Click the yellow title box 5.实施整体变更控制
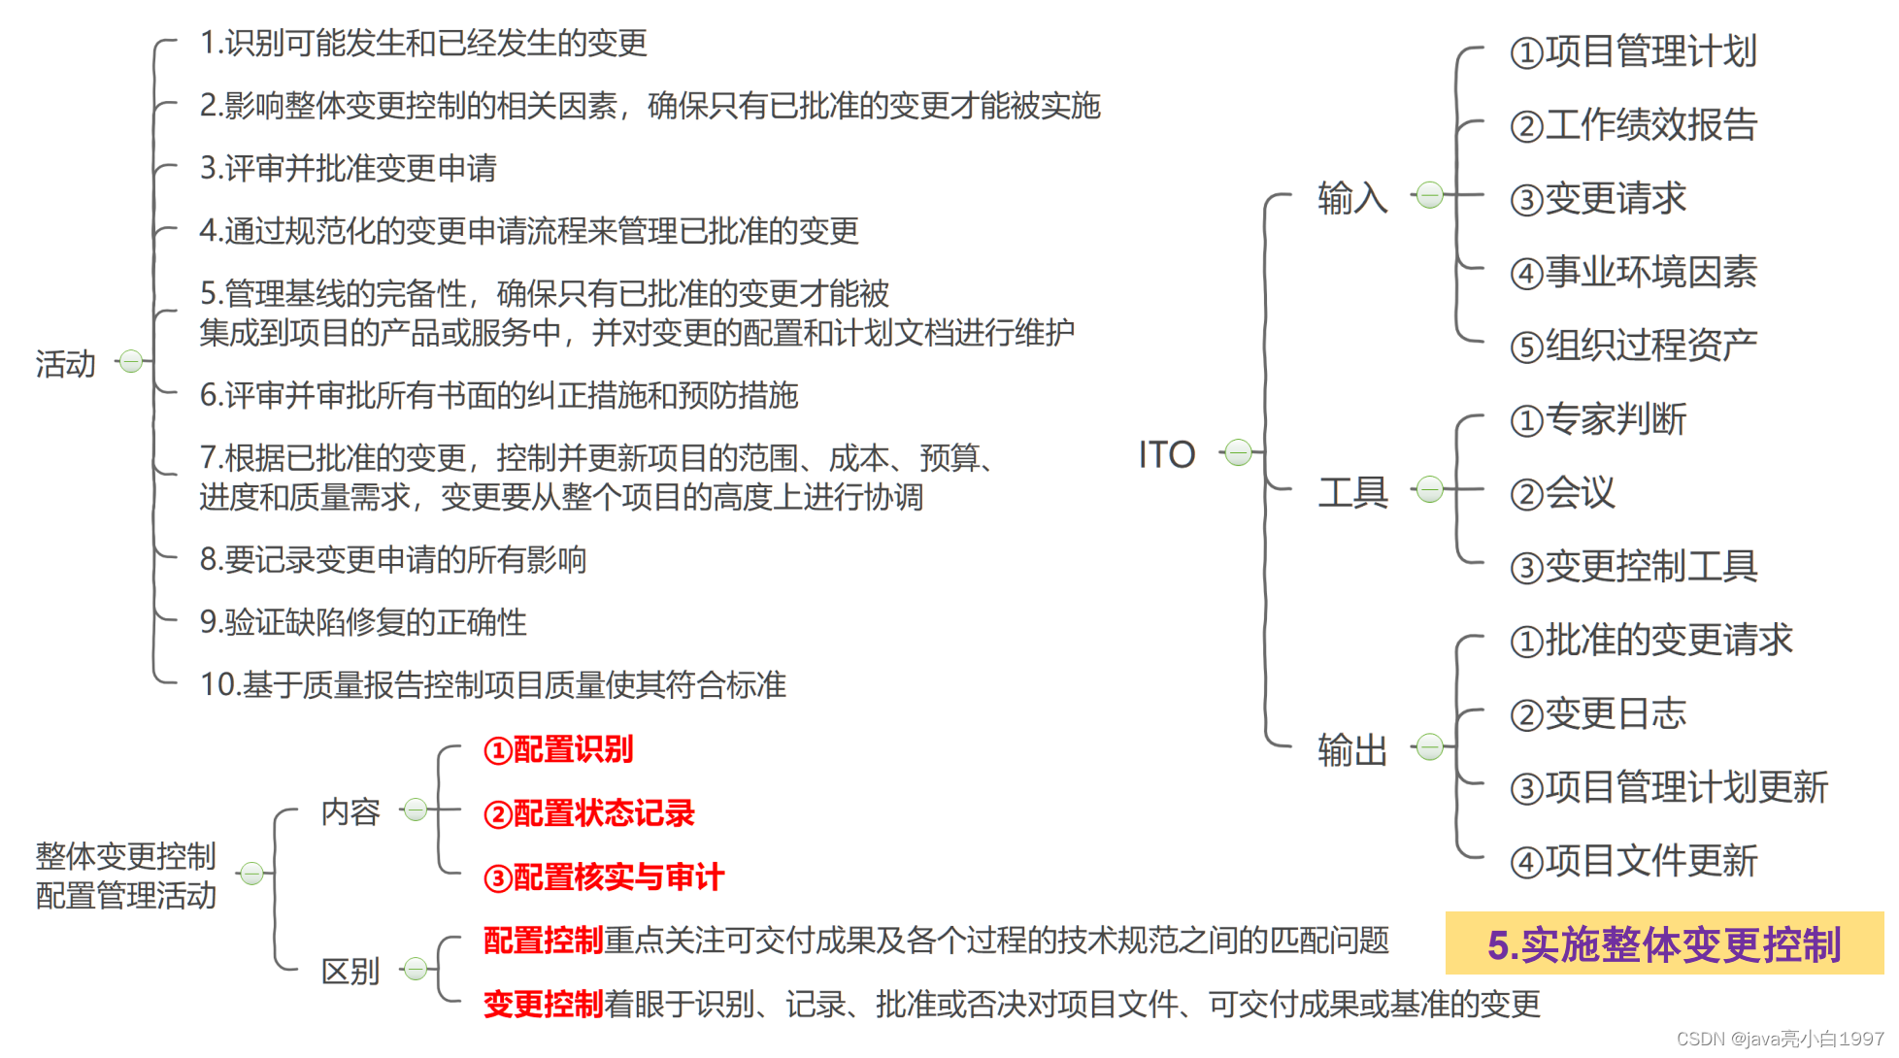[x=1663, y=943]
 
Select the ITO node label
[x=1166, y=454]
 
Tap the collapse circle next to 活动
[x=131, y=362]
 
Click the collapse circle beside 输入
[x=1429, y=195]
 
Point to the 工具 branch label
[x=1352, y=492]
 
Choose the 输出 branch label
[x=1352, y=749]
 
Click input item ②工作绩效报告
[x=1633, y=125]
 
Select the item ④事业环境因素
[x=1633, y=273]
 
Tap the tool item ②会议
[x=1562, y=493]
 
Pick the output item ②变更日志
[x=1598, y=714]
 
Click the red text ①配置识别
[x=558, y=749]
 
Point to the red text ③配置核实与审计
[x=604, y=877]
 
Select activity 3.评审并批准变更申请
[x=348, y=168]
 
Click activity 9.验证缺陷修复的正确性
[x=363, y=622]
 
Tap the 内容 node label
[x=350, y=811]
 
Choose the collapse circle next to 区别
[x=416, y=969]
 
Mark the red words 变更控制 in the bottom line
[x=544, y=1004]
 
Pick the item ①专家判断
[x=1598, y=419]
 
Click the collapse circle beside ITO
[x=1238, y=452]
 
